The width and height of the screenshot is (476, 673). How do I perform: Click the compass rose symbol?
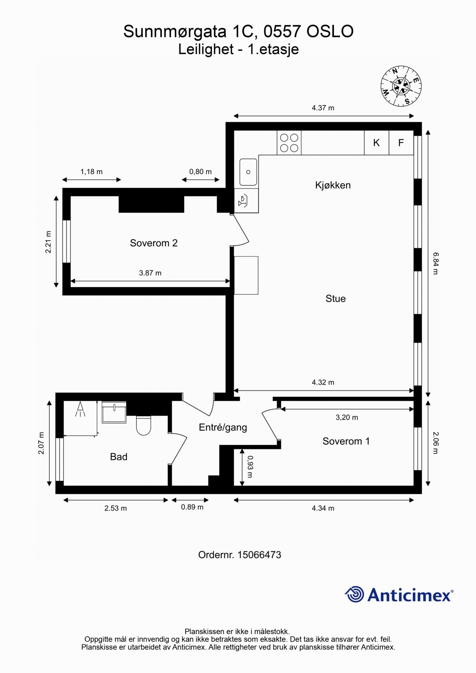click(x=401, y=86)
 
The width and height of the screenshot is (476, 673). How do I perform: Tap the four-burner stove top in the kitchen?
click(x=289, y=143)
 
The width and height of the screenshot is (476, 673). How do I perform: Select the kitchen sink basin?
click(x=248, y=172)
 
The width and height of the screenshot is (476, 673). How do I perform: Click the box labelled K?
click(x=376, y=143)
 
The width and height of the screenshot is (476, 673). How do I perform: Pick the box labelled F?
click(x=401, y=143)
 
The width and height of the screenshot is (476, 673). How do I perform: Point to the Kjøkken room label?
click(x=333, y=185)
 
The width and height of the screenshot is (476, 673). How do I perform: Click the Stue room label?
click(x=335, y=299)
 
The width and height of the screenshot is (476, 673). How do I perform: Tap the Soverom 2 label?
click(x=154, y=243)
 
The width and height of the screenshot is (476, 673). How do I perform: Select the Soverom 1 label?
click(x=346, y=441)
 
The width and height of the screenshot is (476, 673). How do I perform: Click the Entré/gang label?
click(x=223, y=427)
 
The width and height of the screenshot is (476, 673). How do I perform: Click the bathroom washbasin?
click(x=114, y=412)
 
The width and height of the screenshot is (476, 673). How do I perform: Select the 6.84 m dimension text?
click(x=436, y=263)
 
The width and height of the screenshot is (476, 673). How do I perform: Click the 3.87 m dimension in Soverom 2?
click(x=150, y=273)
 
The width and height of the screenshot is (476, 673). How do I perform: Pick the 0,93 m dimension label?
click(x=250, y=467)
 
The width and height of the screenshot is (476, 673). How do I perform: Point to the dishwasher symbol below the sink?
click(x=243, y=201)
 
